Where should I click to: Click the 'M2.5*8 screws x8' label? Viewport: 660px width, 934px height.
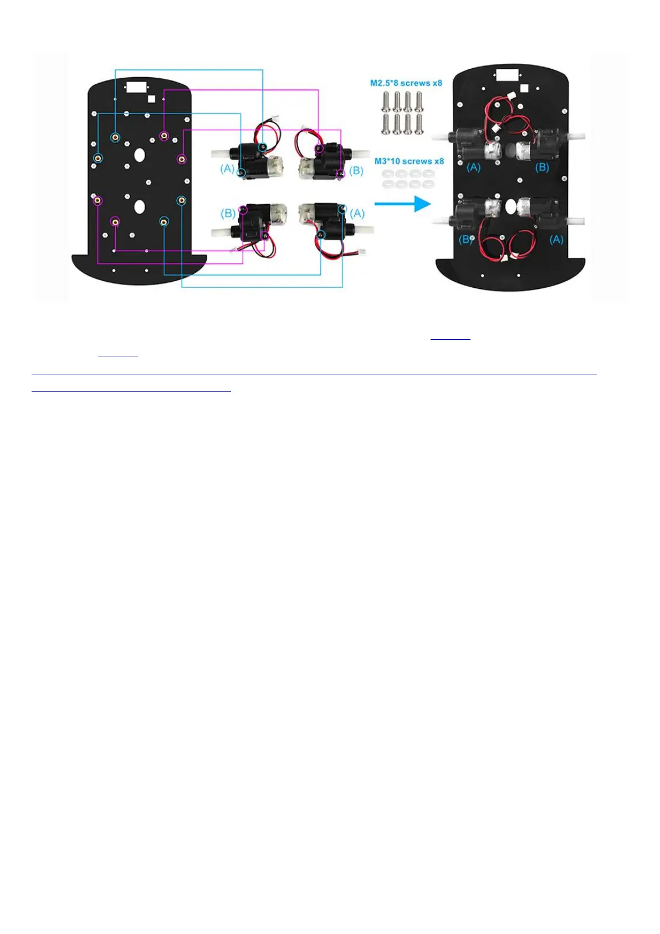tap(406, 83)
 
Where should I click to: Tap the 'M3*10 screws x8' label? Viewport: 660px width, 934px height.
tap(409, 161)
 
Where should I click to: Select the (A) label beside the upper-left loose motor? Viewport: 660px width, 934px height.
tap(227, 169)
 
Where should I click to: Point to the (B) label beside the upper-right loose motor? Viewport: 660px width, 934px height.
tap(356, 171)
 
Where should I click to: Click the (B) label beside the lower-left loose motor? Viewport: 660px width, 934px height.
tap(228, 214)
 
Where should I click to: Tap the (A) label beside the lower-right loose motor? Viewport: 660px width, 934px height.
tap(357, 214)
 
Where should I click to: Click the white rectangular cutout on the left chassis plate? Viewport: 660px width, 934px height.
tap(136, 87)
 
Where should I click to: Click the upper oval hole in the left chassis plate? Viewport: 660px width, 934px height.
tap(140, 155)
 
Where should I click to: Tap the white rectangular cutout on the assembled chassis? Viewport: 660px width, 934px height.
tap(506, 75)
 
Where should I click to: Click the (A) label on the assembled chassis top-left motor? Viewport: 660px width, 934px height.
tap(473, 167)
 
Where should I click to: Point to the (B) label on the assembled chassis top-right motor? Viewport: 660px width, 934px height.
tap(542, 167)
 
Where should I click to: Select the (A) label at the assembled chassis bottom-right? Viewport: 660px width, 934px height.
tap(556, 240)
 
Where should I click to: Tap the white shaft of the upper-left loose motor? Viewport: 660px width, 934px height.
tap(221, 153)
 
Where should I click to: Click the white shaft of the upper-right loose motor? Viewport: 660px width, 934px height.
tap(361, 153)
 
